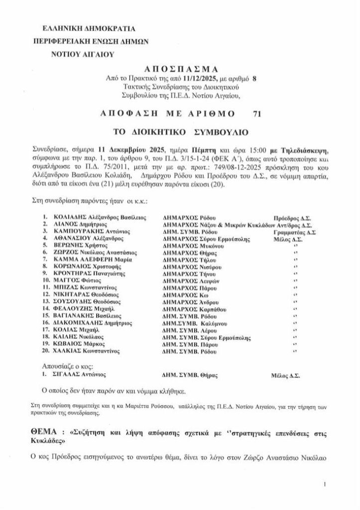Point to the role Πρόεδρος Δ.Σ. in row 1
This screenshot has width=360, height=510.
click(293, 218)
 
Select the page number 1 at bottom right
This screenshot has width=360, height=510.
click(325, 484)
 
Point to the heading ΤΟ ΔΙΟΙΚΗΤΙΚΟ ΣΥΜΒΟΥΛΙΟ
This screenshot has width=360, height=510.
click(180, 133)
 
